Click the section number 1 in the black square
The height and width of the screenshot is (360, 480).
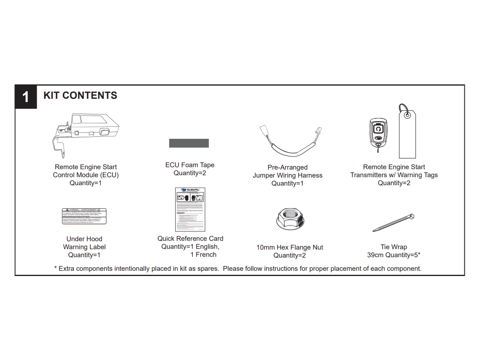click(26, 97)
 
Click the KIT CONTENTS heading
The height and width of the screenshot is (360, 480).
click(80, 96)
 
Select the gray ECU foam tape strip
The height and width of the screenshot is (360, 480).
click(189, 143)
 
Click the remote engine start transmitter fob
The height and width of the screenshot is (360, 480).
click(378, 132)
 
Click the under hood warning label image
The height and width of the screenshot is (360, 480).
click(84, 216)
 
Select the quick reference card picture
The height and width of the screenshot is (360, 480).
click(190, 209)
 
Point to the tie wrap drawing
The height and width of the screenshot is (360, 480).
click(394, 223)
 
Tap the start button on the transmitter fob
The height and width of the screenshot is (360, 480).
click(378, 129)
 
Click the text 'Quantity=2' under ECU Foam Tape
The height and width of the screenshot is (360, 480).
click(190, 173)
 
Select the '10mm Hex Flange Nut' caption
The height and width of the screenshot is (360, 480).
click(290, 248)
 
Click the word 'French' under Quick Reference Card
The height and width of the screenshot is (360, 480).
click(206, 255)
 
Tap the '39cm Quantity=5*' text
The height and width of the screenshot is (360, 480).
click(394, 255)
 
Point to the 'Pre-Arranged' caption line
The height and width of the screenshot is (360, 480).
click(288, 168)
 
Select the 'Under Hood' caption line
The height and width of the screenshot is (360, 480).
click(84, 239)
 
